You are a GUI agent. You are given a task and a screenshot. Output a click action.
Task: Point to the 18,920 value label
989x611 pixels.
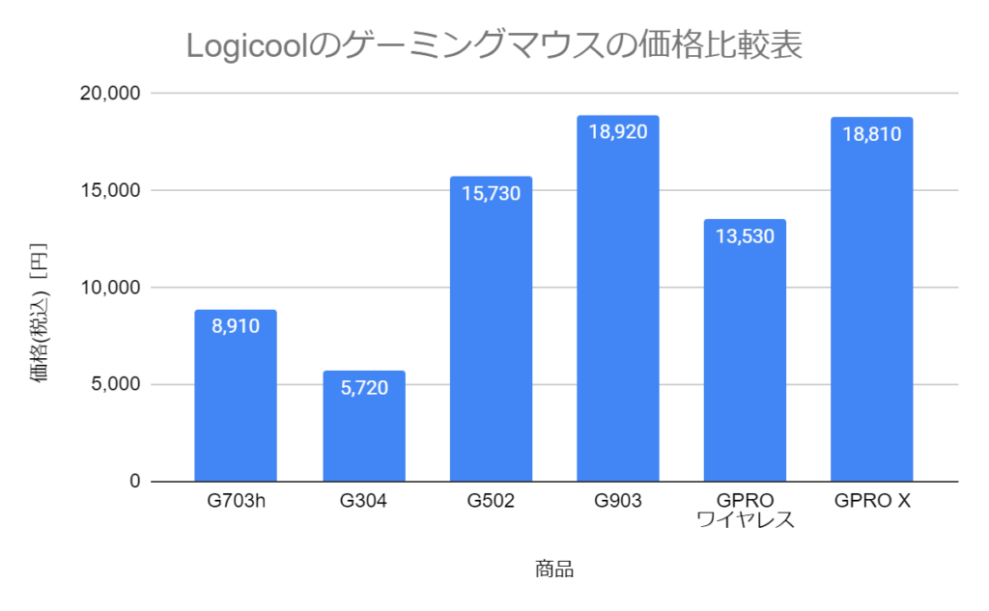(x=618, y=132)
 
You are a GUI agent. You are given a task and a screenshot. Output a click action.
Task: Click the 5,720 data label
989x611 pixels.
(x=363, y=388)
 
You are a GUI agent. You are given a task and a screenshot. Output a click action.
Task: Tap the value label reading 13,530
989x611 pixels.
(x=745, y=236)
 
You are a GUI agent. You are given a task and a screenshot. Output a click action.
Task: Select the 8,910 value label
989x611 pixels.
(x=236, y=326)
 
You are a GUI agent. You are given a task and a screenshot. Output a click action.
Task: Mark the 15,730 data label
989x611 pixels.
(x=491, y=193)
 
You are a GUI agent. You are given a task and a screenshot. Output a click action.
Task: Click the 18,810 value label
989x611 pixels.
(x=871, y=134)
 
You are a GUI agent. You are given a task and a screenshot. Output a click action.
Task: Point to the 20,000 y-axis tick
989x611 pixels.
(x=108, y=94)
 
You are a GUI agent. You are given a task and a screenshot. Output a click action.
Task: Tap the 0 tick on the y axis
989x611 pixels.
(x=135, y=482)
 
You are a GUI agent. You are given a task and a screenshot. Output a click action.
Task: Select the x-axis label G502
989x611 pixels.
(x=491, y=502)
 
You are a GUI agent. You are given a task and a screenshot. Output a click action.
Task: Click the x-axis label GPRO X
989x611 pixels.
(x=871, y=502)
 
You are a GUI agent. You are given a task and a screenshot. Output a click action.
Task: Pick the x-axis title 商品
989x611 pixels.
(x=554, y=569)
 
